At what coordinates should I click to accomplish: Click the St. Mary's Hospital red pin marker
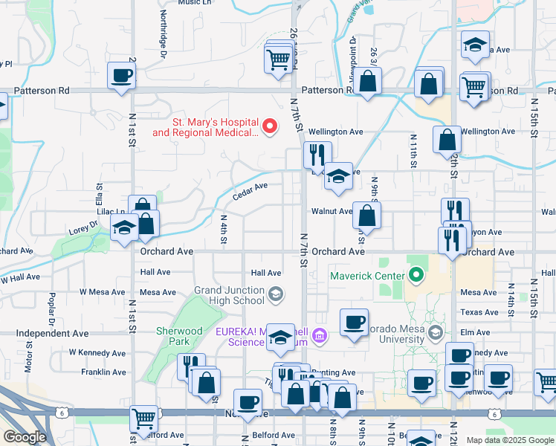[271, 126]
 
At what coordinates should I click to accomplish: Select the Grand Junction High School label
[230, 295]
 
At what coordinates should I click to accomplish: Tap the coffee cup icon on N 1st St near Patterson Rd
[121, 75]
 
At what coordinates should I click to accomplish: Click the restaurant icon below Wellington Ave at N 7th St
[317, 155]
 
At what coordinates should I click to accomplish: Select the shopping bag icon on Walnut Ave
[367, 216]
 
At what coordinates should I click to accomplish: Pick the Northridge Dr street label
[163, 34]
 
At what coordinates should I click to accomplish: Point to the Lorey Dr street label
[83, 226]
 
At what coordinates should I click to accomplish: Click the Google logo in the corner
[24, 437]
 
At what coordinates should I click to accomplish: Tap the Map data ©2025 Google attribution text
[509, 440]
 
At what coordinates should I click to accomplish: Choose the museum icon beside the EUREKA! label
[320, 336]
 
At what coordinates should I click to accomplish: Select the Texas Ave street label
[479, 312]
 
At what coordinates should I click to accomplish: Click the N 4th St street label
[224, 229]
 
